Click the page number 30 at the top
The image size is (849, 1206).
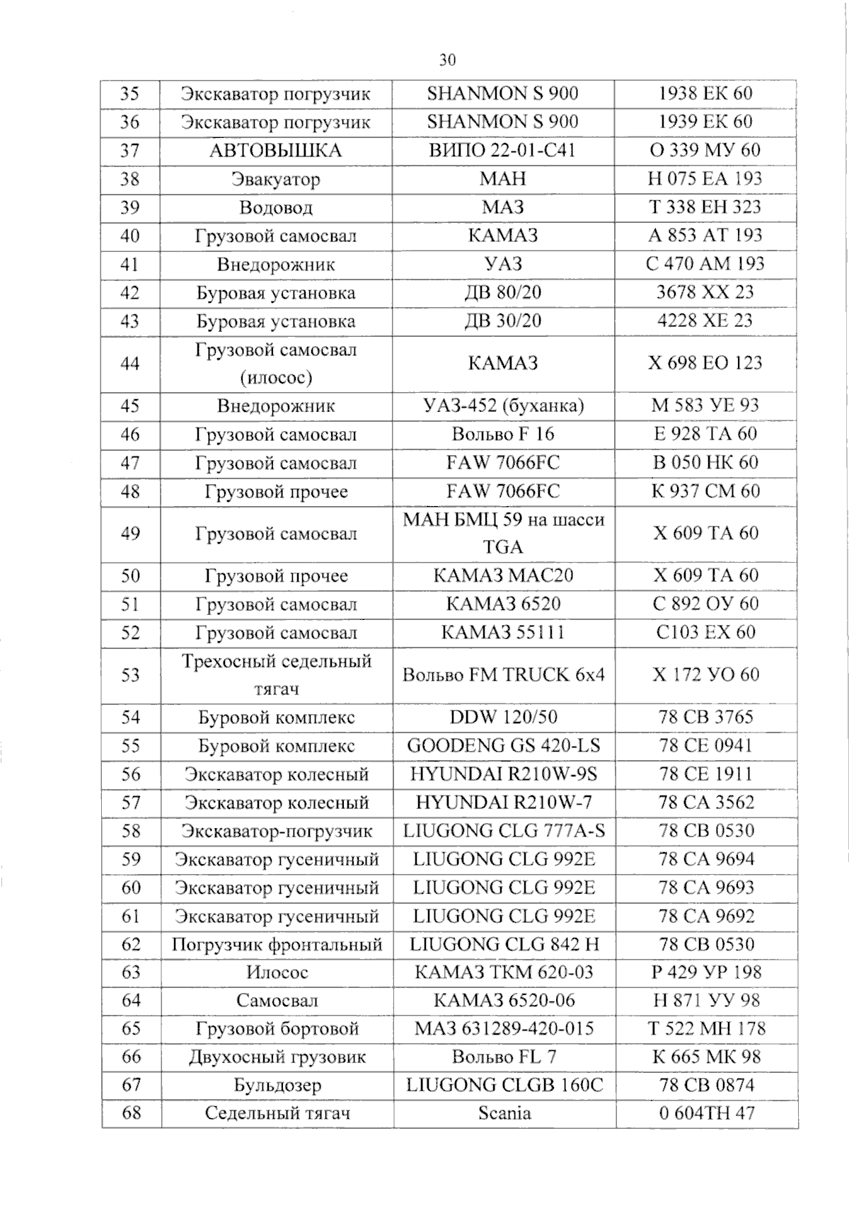[x=447, y=59]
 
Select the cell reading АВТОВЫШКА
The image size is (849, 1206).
[x=276, y=151]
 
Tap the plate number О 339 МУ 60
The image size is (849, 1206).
[x=705, y=150]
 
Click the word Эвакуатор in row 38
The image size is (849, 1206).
[x=276, y=179]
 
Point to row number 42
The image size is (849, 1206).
[x=130, y=293]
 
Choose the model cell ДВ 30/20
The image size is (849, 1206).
[x=502, y=321]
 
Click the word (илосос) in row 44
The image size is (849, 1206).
[x=276, y=378]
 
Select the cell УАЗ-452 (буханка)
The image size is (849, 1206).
[x=502, y=406]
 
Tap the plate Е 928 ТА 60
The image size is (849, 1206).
[x=705, y=434]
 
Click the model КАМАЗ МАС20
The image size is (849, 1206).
[x=502, y=575]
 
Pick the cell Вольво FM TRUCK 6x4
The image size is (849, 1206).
[x=502, y=674]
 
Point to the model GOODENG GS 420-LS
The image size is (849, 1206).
[x=502, y=745]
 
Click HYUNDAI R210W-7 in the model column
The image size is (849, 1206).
[x=502, y=802]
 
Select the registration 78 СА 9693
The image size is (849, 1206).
[x=706, y=887]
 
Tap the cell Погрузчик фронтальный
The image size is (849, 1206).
[x=277, y=944]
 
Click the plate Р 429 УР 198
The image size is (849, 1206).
[x=706, y=972]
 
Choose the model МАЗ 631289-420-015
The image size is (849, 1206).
[x=504, y=1028]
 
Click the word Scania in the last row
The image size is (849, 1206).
[x=504, y=1113]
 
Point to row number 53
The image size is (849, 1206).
[x=130, y=675]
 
